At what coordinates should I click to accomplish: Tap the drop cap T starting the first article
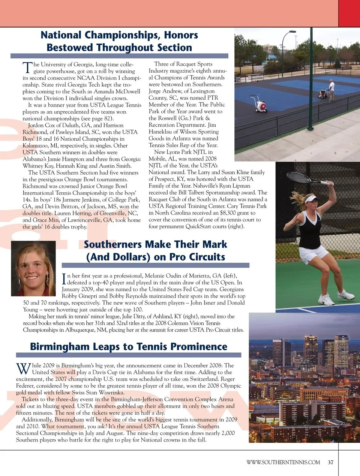(27, 68)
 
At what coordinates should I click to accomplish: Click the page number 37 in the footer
(330, 462)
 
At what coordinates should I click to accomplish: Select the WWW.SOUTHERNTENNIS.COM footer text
(283, 462)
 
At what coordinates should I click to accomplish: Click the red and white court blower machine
(260, 104)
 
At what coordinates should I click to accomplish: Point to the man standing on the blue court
(331, 90)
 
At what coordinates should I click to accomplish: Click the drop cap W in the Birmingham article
(23, 368)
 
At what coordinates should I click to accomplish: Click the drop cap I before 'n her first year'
(64, 279)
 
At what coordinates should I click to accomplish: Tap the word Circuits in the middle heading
(207, 257)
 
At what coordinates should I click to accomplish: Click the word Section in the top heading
(174, 48)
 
